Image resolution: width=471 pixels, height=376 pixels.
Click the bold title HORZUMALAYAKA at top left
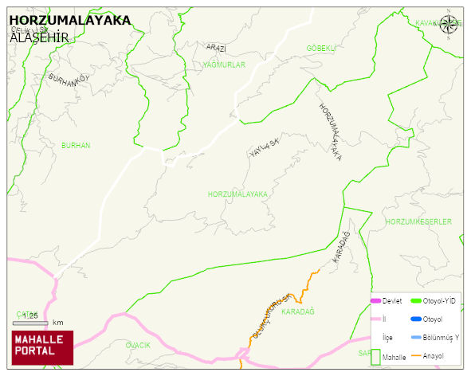coord(69,22)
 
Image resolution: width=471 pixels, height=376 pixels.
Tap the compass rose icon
coord(449,24)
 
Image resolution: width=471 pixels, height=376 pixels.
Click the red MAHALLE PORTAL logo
coord(42,347)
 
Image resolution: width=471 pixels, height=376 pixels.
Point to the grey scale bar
coord(30,323)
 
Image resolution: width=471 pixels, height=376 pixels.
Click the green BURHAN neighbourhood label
coord(76,146)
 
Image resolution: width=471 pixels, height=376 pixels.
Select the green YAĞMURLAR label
coord(224,65)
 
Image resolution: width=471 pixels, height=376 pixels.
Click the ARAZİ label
coord(216,48)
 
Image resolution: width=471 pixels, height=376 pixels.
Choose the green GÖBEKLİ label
coord(321,49)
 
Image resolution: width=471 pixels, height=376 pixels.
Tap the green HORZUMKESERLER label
coord(418,221)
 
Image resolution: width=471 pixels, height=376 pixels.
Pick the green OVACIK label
coord(138,345)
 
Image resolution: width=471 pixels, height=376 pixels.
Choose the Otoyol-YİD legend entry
coord(430,300)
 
